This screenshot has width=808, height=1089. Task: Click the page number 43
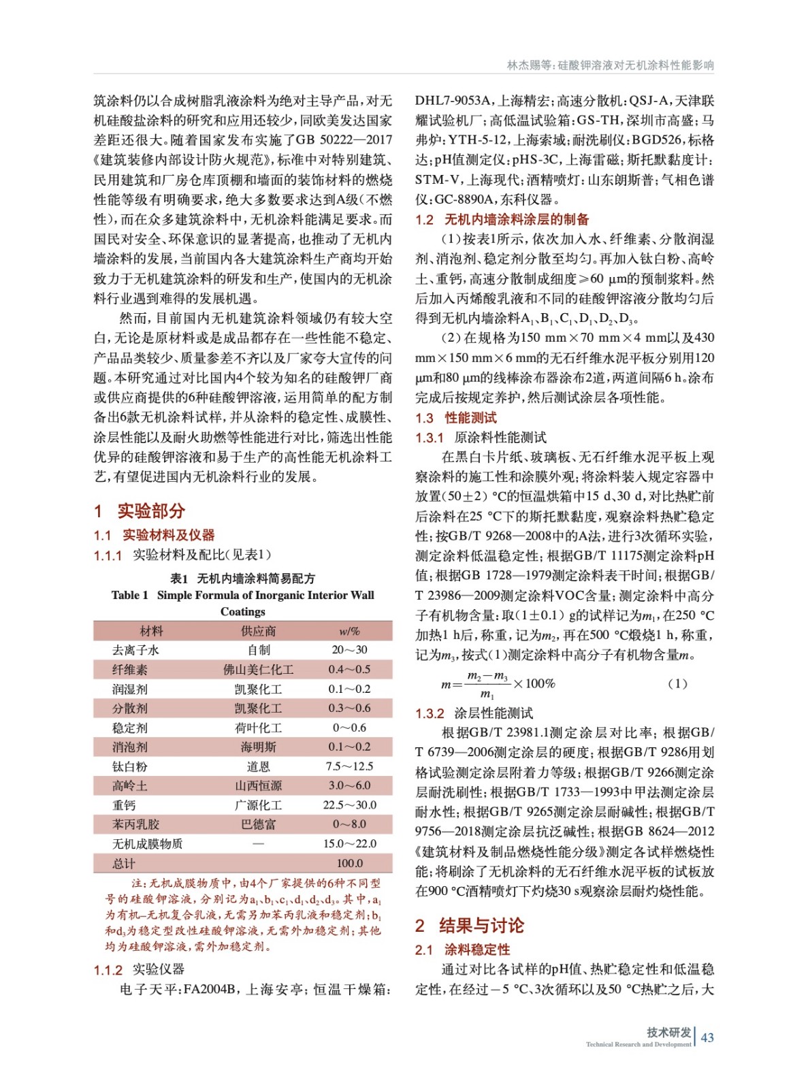(707, 1037)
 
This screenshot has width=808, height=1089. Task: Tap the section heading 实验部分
(150, 511)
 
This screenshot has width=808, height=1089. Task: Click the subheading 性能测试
(470, 418)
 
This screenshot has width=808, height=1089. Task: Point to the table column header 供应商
(258, 631)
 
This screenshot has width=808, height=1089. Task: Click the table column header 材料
(151, 631)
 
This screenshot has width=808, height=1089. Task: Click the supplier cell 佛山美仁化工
(258, 670)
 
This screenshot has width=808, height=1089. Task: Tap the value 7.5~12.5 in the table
(349, 766)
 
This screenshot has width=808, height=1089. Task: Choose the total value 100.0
(349, 863)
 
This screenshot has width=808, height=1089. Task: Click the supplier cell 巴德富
(258, 824)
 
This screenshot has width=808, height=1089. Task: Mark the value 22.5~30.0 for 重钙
(349, 805)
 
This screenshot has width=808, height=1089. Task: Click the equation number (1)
(677, 684)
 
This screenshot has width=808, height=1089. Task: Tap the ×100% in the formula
(534, 683)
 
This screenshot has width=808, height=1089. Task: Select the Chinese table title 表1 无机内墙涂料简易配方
(242, 579)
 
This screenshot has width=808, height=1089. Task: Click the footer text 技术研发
(668, 1033)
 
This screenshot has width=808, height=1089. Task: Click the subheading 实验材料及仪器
(168, 535)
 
